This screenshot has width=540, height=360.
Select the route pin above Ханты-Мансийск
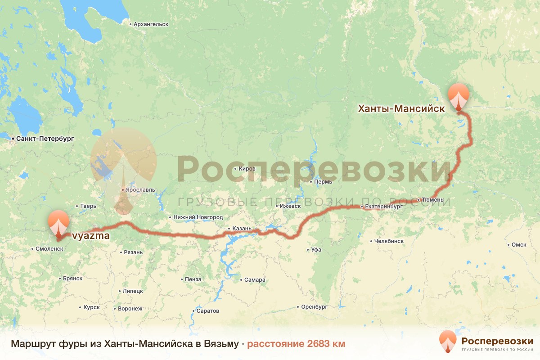point(459,96)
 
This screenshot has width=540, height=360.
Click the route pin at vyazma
point(59,223)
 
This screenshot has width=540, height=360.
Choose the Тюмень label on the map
point(433,200)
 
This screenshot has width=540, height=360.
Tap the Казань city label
point(241,229)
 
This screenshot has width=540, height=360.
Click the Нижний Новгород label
point(198,217)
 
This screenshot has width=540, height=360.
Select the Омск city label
point(519,245)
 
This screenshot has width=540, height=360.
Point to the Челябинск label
point(389,241)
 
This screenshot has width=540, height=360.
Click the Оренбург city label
point(315,307)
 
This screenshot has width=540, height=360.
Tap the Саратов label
point(207,311)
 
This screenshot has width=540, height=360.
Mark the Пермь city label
point(324,182)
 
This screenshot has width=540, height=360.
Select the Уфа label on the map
point(316,249)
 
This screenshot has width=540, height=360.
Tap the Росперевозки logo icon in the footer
point(448,342)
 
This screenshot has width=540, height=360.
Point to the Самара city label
point(255,280)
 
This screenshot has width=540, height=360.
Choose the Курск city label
point(91,307)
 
